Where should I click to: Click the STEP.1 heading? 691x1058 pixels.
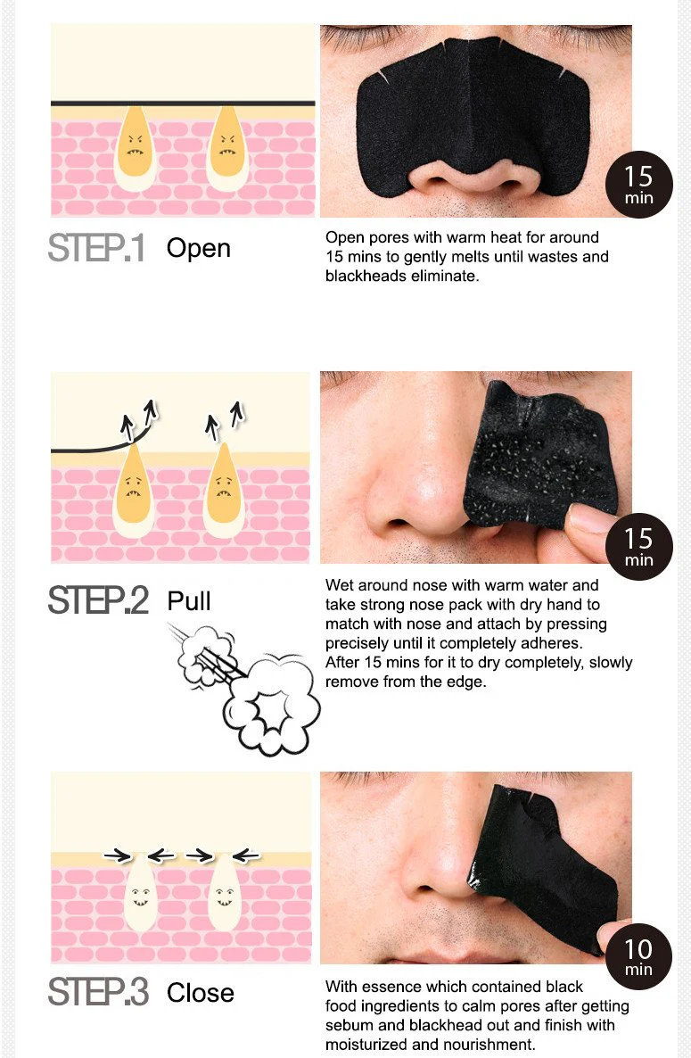pos(96,248)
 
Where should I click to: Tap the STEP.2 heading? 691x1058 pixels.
pos(98,599)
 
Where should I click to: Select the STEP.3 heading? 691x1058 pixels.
pos(98,992)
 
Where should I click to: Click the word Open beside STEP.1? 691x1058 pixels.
pos(198,249)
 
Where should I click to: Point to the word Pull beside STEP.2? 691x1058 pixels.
pos(189,600)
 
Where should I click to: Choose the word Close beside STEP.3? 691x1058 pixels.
pos(201,993)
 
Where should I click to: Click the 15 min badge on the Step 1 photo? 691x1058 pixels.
pos(638,184)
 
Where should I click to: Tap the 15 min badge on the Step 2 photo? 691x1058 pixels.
pos(638,547)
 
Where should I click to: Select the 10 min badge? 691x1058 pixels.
pos(638,957)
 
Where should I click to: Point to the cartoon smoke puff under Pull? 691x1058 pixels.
pos(246,689)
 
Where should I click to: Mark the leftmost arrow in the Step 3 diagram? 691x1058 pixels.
pos(118,855)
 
